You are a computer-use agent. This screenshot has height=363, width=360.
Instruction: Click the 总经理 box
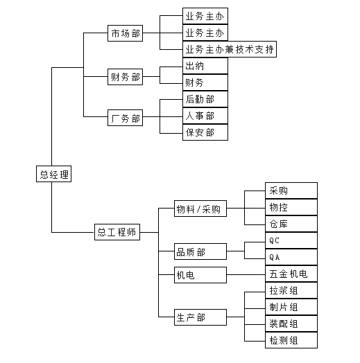53,174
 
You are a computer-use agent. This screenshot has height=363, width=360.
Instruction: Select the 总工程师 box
117,232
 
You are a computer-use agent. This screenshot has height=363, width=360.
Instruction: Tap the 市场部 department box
125,33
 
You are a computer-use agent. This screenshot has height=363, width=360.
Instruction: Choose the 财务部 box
125,77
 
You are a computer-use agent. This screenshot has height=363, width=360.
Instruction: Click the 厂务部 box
125,118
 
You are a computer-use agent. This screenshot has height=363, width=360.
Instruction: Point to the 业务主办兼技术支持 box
230,49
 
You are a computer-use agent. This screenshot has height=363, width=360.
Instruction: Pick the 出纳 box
205,66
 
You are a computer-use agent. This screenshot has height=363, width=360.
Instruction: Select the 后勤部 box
205,99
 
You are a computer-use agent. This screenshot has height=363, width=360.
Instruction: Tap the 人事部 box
205,116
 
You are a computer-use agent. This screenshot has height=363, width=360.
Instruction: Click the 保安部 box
205,132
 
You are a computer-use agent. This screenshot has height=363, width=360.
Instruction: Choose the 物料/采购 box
200,209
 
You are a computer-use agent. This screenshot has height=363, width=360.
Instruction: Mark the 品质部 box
200,251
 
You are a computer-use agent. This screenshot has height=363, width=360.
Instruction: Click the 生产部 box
200,317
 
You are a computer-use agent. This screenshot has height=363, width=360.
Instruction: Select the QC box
291,240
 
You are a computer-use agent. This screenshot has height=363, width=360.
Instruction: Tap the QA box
291,257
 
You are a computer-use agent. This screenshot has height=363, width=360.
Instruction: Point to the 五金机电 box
291,274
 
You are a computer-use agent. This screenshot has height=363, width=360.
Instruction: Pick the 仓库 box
291,224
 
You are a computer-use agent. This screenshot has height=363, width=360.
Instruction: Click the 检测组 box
291,340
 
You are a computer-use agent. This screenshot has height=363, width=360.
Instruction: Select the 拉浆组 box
291,290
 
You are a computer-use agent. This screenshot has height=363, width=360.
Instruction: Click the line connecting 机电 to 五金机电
246,275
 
